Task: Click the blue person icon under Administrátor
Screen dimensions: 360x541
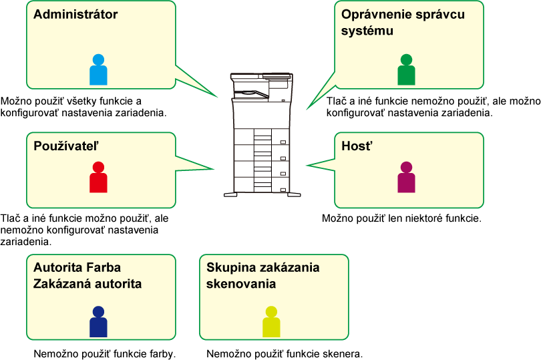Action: (98, 70)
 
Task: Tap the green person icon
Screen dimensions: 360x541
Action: (406, 70)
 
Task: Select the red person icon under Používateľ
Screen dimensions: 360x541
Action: (98, 178)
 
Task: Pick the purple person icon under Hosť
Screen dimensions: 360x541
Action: (406, 178)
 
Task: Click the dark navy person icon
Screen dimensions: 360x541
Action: (98, 322)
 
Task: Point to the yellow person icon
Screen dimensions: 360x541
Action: (271, 322)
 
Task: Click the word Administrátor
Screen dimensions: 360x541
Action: (75, 15)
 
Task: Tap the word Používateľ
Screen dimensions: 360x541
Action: (66, 146)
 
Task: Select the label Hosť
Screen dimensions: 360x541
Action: (356, 146)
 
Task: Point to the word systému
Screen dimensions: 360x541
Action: (367, 31)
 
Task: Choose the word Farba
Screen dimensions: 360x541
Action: (104, 268)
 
